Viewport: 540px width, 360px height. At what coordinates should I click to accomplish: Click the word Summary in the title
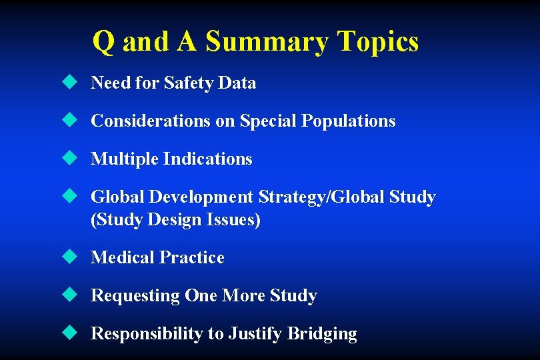coord(267,42)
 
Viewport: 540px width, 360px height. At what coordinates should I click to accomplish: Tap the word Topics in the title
coord(378,42)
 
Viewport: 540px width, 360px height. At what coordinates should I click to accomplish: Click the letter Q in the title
coord(103,42)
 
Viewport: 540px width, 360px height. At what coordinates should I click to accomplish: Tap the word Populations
coord(348,121)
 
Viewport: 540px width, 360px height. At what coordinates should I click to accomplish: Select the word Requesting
coord(135,296)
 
